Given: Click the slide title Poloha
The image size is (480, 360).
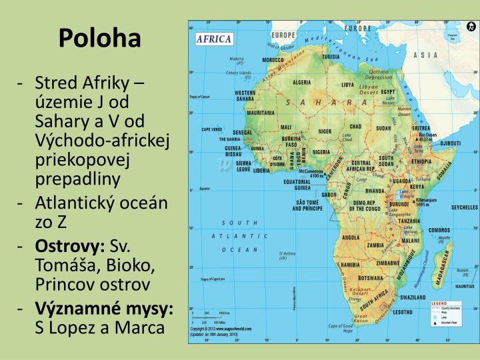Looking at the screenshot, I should pyautogui.click(x=99, y=39).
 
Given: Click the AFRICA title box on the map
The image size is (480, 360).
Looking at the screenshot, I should pyautogui.click(x=213, y=39).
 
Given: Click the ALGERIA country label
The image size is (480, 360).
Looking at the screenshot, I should pyautogui.click(x=302, y=83).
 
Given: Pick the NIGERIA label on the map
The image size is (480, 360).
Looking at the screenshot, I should pyautogui.click(x=321, y=152).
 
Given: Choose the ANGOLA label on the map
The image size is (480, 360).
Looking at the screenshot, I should pyautogui.click(x=351, y=237).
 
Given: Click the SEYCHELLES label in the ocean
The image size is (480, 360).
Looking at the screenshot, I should pyautogui.click(x=465, y=207).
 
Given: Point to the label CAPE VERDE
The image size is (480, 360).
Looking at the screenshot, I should pyautogui.click(x=211, y=129).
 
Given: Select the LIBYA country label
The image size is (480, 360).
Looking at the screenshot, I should pyautogui.click(x=348, y=85).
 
